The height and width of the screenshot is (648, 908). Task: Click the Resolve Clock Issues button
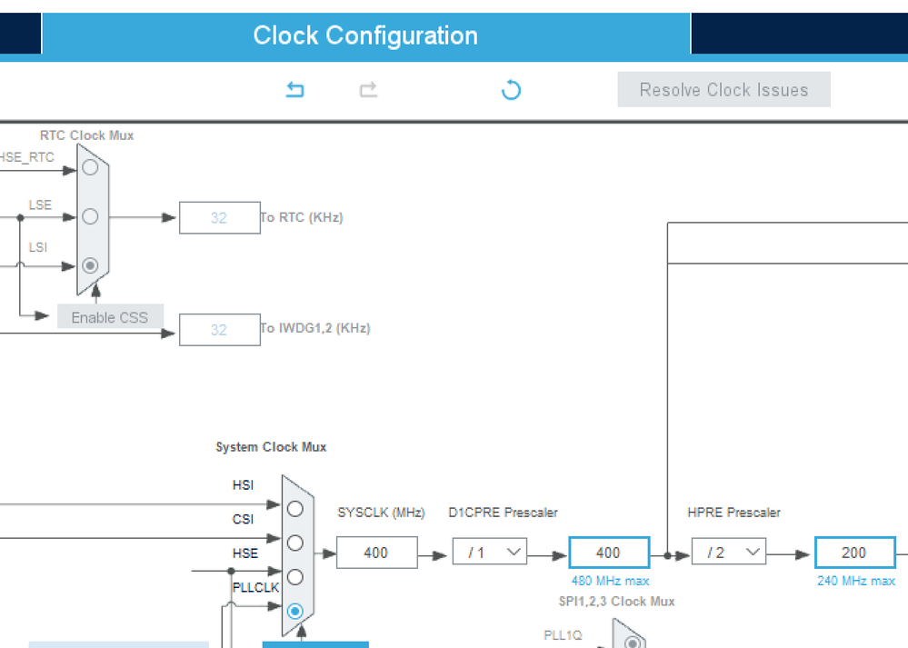[x=723, y=90]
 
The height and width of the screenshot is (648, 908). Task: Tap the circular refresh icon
[x=511, y=90]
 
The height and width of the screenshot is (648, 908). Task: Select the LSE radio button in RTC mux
[x=90, y=216]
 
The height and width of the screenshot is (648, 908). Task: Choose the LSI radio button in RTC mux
[x=90, y=265]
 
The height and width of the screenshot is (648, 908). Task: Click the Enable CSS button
[x=110, y=317]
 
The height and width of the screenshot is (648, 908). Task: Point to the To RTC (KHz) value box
[x=219, y=218]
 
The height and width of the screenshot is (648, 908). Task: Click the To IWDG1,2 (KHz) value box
[x=219, y=329]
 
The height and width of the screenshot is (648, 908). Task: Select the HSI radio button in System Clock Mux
[x=294, y=509]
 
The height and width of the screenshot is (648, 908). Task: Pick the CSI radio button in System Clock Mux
[x=294, y=543]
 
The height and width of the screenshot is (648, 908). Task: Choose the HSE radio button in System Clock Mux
[x=294, y=576]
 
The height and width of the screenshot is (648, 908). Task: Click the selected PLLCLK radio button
[x=294, y=611]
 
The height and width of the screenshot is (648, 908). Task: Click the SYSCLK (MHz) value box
[x=376, y=553]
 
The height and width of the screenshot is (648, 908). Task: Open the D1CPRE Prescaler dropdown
[x=490, y=553]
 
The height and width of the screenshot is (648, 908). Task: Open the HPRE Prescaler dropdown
[x=728, y=553]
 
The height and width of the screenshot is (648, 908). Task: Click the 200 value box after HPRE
[x=854, y=553]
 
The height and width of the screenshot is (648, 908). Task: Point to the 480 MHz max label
[x=610, y=581]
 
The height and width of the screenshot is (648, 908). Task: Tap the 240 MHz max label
[x=855, y=581]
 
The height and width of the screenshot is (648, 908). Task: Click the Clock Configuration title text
[x=365, y=36]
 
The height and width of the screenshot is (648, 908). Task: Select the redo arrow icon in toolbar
[x=368, y=90]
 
